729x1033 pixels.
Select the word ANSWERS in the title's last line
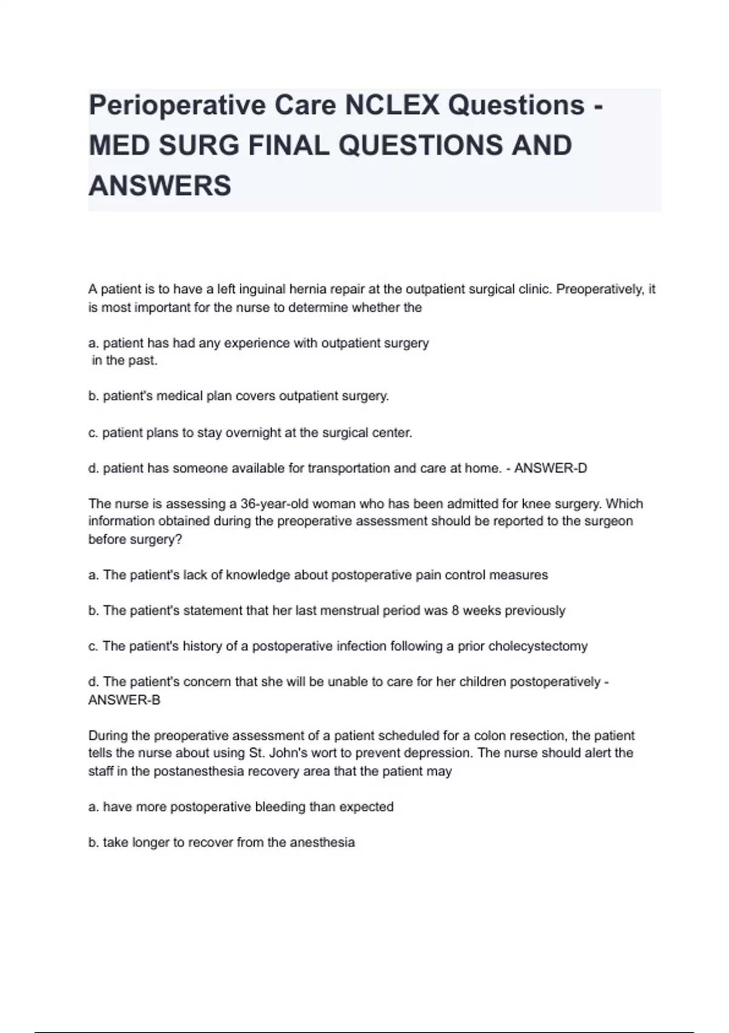(x=160, y=185)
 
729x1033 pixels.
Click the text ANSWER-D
(x=550, y=468)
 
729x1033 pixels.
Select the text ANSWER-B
(x=125, y=699)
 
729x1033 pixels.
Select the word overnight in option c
(x=255, y=433)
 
